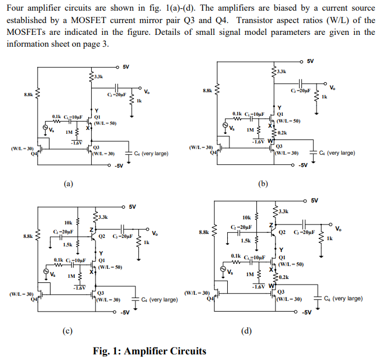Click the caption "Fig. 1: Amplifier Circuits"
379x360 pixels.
coord(150,351)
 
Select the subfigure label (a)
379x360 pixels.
coord(69,183)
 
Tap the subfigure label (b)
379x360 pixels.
coord(263,183)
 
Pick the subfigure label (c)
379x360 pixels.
coord(67,330)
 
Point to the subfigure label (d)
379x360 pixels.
coord(246,330)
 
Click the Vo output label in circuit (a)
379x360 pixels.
coord(147,92)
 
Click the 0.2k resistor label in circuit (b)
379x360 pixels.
coord(282,133)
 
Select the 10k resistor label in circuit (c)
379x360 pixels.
coord(68,222)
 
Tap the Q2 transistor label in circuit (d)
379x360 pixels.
coord(282,232)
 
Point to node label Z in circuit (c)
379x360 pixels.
coord(91,229)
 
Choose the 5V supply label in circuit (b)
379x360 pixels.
coord(310,61)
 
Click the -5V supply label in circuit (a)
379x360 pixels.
coord(119,166)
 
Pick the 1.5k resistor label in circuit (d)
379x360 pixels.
coord(245,241)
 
